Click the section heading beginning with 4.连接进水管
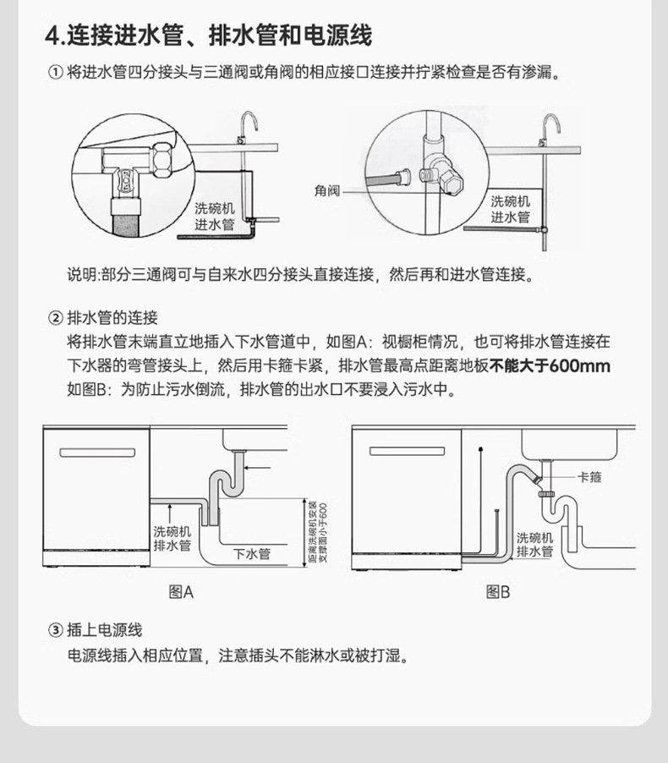[208, 36]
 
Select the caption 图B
[498, 592]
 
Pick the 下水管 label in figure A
[251, 554]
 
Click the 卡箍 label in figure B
[589, 478]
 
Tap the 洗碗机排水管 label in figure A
[172, 539]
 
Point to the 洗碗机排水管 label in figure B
[534, 545]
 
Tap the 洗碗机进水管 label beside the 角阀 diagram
[511, 209]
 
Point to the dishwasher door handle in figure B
[406, 451]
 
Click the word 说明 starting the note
[82, 275]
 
